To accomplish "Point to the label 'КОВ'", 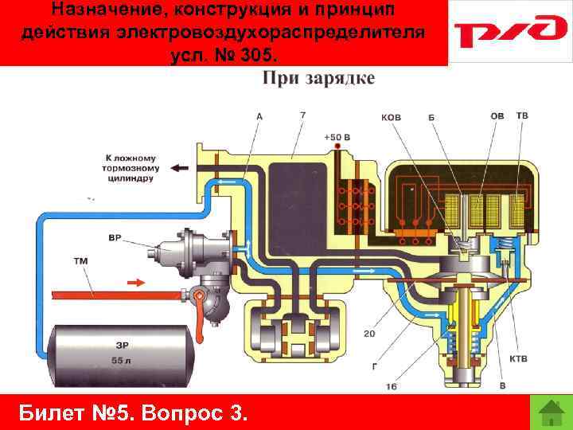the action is pos(392,118).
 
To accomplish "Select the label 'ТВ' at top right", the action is pos(522,116).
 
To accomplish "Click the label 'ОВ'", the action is pos(497,116).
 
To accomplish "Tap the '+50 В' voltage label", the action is pos(337,137).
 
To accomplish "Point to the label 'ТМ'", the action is pos(81,260).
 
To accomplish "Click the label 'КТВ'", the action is pos(518,359).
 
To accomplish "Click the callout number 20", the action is pos(368,334).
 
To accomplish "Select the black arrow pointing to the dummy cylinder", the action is pos(181,168).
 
